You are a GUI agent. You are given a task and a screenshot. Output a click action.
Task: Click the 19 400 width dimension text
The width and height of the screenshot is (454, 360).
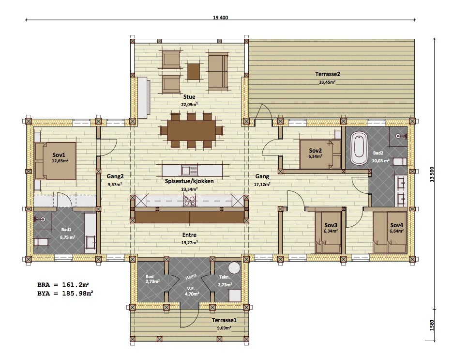220,17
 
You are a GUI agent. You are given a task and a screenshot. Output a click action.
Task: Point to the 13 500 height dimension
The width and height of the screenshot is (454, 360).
432,174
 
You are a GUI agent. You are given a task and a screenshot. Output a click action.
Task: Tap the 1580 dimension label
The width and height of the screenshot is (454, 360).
432,325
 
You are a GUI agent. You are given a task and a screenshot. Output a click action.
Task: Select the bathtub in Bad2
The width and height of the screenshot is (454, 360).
359,148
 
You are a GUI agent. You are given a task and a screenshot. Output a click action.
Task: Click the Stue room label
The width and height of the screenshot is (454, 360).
189,97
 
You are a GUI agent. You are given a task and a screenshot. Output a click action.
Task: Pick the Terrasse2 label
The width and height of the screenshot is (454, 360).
328,74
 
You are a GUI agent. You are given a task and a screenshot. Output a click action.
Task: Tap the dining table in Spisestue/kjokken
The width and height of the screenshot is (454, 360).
191,131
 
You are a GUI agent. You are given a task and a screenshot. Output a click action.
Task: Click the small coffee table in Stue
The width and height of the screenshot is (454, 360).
194,72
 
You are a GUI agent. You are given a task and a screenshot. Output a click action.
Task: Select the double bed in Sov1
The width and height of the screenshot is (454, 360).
55,161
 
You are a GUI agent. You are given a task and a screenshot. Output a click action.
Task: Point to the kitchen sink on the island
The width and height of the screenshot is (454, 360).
189,170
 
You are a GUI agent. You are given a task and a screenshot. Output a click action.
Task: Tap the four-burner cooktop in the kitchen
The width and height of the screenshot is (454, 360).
190,201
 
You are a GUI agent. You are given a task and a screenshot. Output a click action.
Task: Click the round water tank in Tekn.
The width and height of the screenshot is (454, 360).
234,268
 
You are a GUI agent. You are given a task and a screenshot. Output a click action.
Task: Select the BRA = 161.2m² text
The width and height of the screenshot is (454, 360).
63,284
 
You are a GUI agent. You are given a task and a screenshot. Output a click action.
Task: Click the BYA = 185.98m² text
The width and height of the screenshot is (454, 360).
65,293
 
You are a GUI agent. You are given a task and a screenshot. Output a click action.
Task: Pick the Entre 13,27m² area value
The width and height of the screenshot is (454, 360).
190,243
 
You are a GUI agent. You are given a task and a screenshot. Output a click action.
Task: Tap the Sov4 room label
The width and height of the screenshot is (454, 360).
396,225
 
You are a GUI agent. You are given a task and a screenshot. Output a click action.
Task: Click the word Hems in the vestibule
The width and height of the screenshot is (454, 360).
191,277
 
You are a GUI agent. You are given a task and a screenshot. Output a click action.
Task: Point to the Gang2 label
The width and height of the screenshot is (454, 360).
115,176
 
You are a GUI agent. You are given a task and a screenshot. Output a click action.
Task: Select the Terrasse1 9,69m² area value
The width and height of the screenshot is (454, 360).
224,328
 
